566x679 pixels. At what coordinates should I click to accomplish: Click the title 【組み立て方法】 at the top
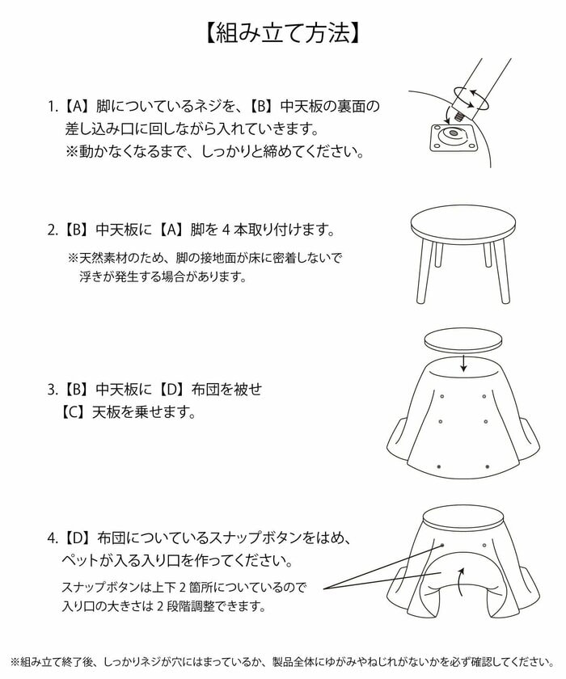(x=283, y=33)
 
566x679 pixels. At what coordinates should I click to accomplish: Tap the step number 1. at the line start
(x=53, y=107)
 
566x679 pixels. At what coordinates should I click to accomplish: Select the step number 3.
(x=53, y=390)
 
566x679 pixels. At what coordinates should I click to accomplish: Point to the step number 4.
(x=53, y=537)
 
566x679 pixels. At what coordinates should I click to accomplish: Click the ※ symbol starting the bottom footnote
(x=15, y=660)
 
